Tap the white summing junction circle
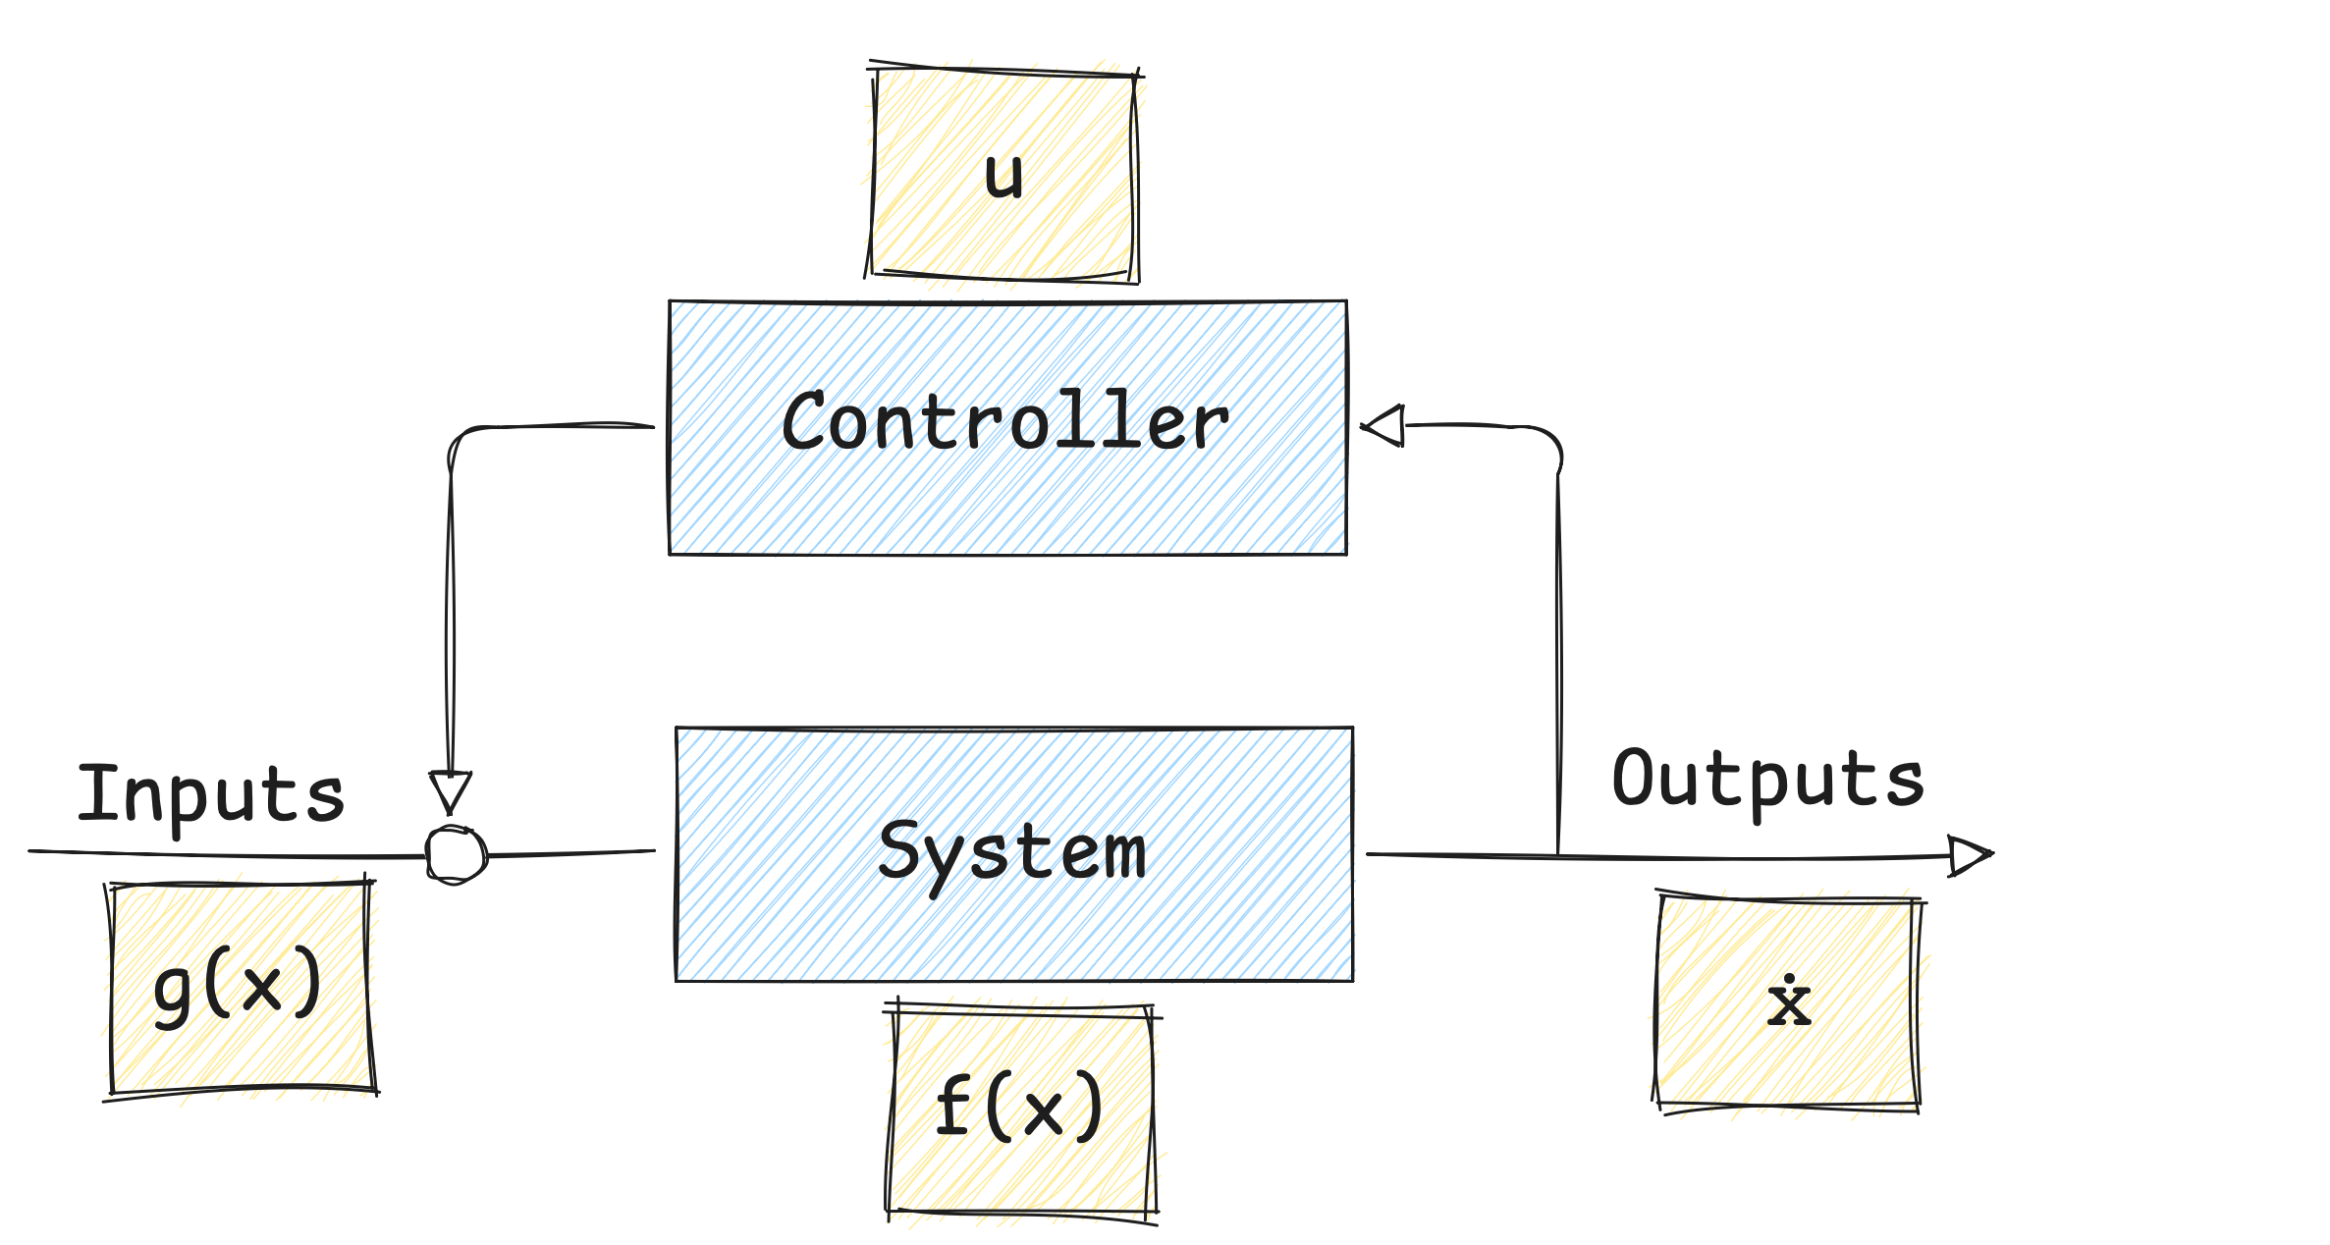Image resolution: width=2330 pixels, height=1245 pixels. click(x=454, y=854)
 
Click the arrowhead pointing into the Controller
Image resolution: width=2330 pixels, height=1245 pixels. click(x=1386, y=428)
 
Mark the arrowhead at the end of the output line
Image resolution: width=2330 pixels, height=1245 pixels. click(x=1970, y=855)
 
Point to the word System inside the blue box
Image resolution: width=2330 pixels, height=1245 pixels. click(x=1011, y=850)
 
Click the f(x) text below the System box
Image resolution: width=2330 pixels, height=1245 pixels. click(x=1018, y=1107)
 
